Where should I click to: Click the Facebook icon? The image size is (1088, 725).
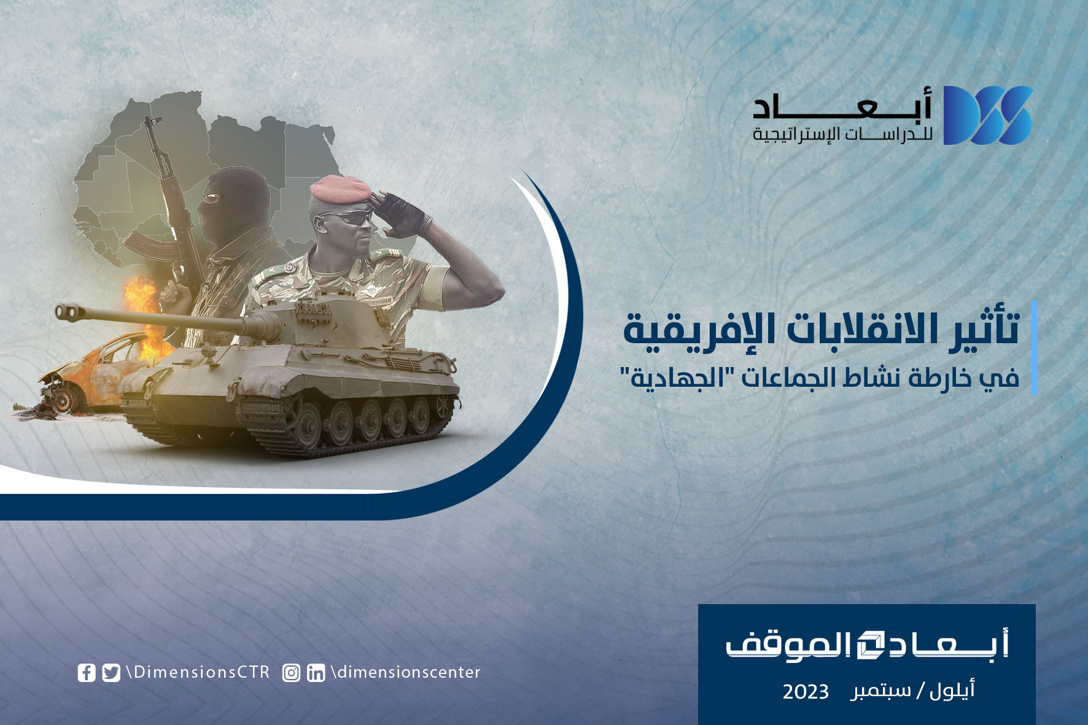click(x=87, y=673)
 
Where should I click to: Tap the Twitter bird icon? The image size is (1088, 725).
click(x=111, y=673)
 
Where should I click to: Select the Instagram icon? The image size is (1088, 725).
click(x=291, y=673)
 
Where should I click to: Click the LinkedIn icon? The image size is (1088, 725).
click(x=316, y=673)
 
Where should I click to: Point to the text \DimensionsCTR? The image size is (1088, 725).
click(x=198, y=672)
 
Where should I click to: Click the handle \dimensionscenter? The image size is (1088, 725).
click(x=405, y=672)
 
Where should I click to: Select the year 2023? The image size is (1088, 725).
click(x=805, y=692)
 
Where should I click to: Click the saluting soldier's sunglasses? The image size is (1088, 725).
click(x=351, y=217)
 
